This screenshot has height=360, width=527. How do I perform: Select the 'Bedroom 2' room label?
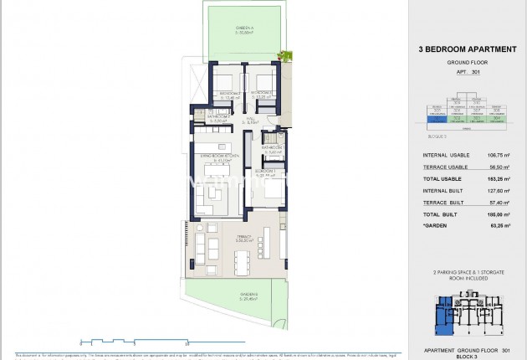[264, 94]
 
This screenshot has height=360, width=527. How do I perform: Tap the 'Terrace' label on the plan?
[221, 238]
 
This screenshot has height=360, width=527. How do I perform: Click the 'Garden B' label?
[248, 296]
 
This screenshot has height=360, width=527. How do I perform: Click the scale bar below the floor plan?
[134, 341]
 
